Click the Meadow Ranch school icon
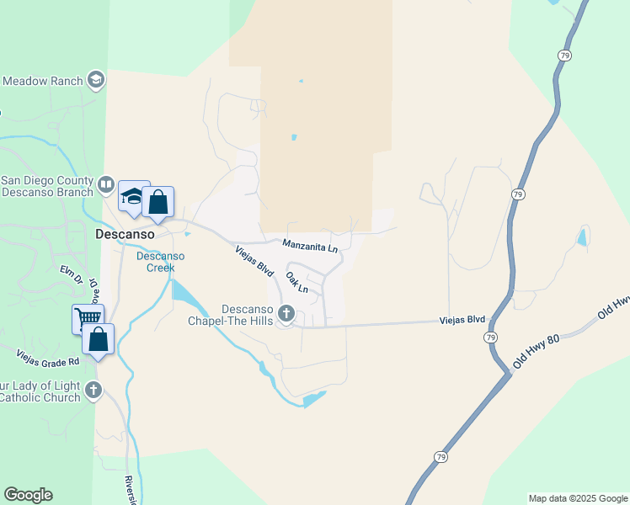tap(95, 80)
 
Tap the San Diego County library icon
tap(106, 183)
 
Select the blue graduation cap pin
tap(132, 197)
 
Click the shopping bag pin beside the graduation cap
tap(157, 202)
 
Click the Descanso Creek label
tap(155, 262)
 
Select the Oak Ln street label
tap(296, 281)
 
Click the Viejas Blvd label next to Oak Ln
tap(254, 259)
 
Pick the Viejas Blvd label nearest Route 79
tap(462, 320)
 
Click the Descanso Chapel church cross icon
tap(286, 314)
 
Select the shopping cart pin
tap(88, 318)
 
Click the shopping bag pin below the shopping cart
tap(98, 339)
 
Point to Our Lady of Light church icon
tap(93, 391)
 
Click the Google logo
tap(28, 495)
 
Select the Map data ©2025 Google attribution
tap(578, 498)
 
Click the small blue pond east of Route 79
tap(582, 237)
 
